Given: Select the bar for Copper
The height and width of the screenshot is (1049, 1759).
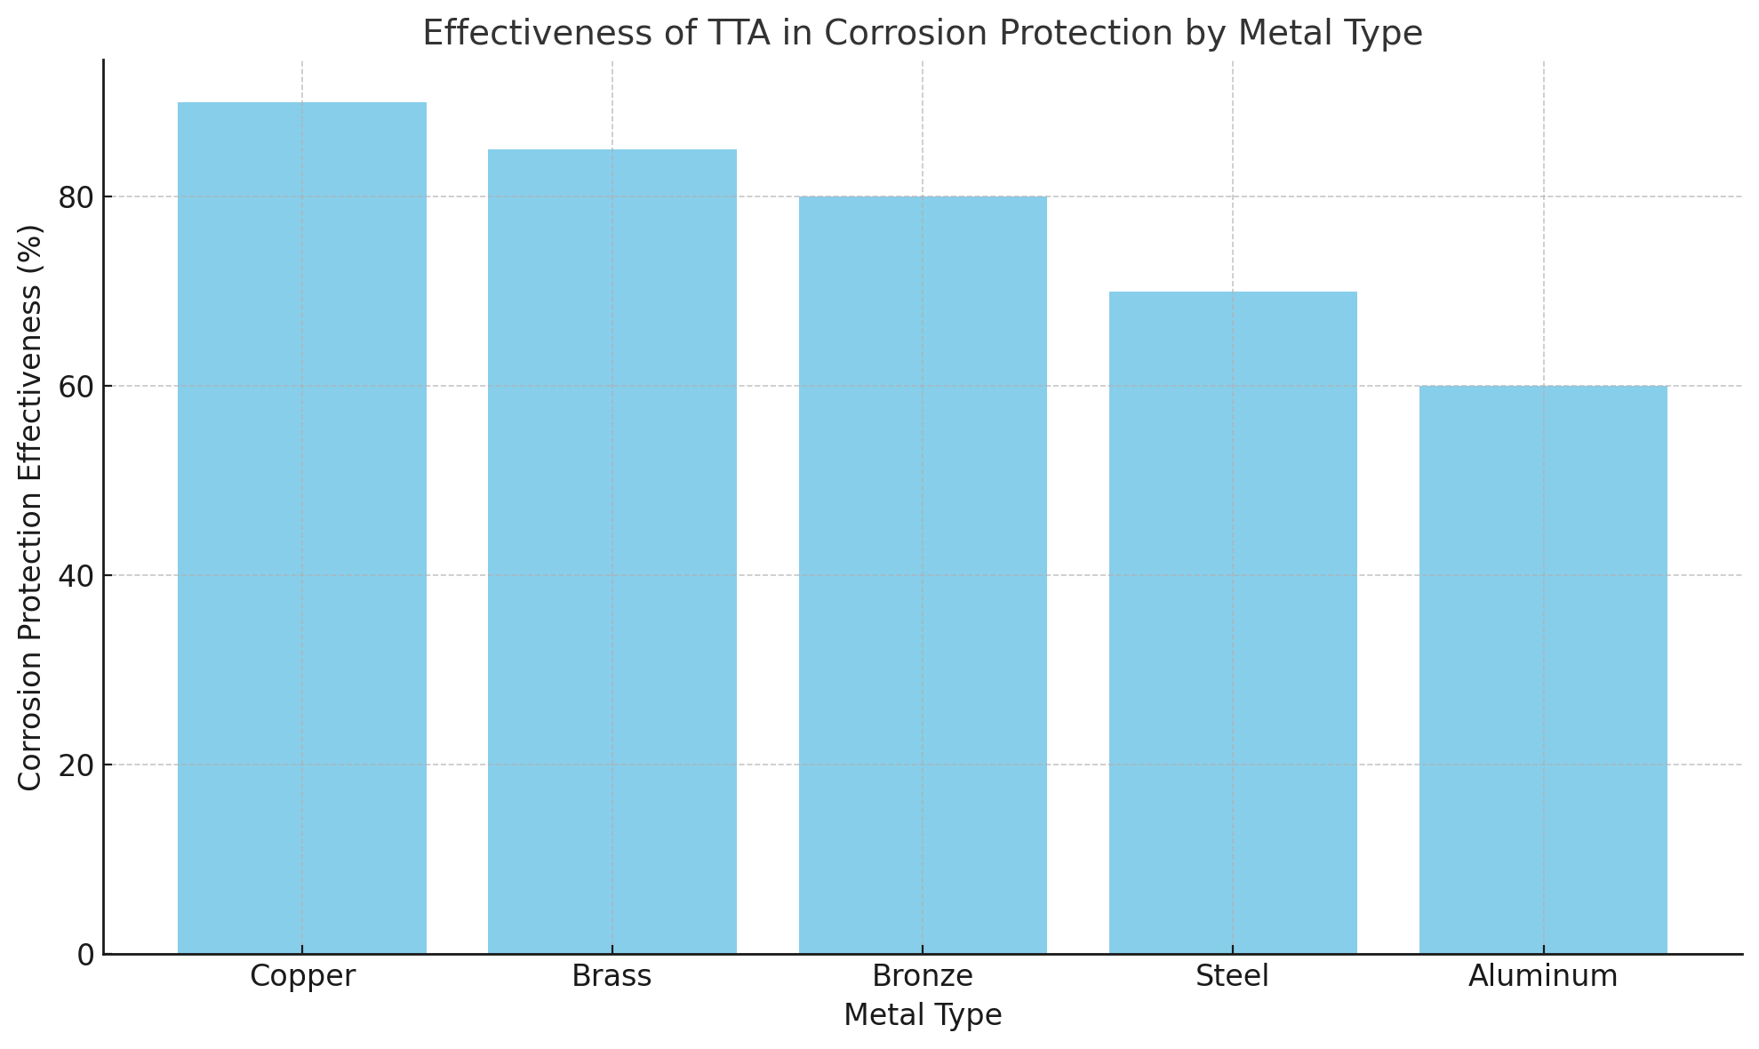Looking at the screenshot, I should coord(302,528).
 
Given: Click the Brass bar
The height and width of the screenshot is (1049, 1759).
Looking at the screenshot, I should coord(612,551).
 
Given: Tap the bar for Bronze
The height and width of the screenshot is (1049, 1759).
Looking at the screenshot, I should coord(923,575).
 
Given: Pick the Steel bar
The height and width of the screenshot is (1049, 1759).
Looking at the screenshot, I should coord(1233,622).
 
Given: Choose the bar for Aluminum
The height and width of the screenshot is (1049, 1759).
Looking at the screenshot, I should coord(1543,669).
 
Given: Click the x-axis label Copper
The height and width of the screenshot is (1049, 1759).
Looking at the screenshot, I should coord(302,976).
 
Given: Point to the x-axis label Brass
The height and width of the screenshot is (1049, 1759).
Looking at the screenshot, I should coord(612,976).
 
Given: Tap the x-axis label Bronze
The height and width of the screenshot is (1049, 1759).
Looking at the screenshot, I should coord(923,976).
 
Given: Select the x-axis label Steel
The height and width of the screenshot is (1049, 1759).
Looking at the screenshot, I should coord(1233,976).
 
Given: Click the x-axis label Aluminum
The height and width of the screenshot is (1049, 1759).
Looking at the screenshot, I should coord(1543,976).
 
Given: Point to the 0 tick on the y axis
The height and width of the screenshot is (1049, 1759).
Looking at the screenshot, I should coord(86,955).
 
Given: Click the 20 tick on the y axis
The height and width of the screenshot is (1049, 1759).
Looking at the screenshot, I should coord(76,765).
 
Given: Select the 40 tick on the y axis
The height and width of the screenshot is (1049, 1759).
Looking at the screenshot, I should coord(76,576).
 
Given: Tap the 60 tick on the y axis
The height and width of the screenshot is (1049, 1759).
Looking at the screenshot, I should coord(76,387).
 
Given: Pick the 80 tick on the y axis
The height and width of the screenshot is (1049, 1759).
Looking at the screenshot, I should coord(76,197).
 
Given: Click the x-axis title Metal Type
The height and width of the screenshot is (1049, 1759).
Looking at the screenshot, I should coord(923,1015).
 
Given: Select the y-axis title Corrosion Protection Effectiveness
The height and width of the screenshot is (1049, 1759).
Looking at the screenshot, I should coord(31,507).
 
